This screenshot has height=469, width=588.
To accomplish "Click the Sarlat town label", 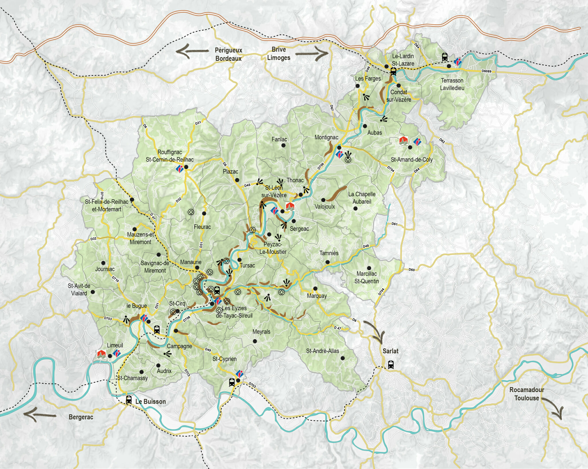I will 390,351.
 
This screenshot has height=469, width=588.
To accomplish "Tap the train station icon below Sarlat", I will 391,364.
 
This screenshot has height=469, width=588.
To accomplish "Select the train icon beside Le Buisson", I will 129,399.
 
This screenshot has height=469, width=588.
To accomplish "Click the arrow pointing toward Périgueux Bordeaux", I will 192,51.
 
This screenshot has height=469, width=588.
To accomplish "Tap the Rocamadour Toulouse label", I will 527,394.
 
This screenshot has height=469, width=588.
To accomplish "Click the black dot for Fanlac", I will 283,145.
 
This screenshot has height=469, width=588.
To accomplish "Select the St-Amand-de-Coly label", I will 411,160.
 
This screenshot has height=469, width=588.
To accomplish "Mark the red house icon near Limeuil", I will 101,354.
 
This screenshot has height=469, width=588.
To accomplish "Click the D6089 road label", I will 486,71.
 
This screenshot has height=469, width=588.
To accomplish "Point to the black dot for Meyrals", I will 255,341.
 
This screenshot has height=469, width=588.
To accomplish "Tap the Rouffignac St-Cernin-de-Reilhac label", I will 170,156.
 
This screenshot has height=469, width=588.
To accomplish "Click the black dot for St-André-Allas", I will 343,358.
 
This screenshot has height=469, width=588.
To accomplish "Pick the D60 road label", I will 411,270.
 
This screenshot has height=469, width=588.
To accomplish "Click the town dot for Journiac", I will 103,263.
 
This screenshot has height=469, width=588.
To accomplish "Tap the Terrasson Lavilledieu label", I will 452,84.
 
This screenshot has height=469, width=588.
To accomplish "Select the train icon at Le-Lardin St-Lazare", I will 393,71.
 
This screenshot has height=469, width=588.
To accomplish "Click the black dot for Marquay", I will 315,289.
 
